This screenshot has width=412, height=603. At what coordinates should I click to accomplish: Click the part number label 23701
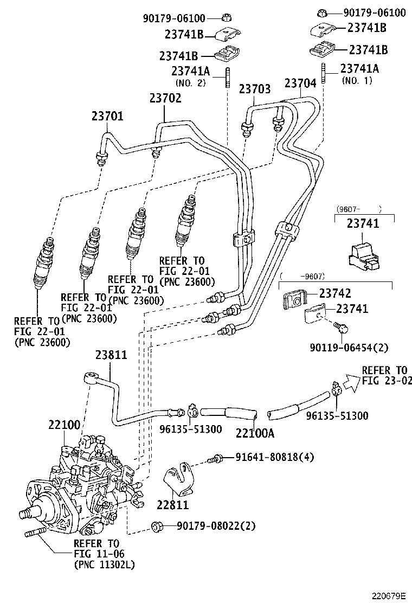click(x=107, y=116)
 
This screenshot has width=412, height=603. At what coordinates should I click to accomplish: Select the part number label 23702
click(x=165, y=98)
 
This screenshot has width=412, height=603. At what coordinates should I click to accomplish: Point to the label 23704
click(x=300, y=84)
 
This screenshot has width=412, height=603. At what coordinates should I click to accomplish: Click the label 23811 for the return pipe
click(x=111, y=356)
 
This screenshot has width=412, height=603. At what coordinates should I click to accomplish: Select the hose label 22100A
click(x=255, y=433)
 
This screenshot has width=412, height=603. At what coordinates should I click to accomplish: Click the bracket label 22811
click(x=173, y=505)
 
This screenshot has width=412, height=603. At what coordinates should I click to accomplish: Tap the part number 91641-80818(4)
click(x=274, y=457)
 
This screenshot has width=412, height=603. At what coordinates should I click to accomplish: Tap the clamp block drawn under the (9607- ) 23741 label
click(x=364, y=253)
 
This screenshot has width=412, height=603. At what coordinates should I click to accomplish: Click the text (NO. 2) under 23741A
click(x=190, y=82)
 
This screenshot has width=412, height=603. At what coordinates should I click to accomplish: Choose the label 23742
click(x=335, y=293)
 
